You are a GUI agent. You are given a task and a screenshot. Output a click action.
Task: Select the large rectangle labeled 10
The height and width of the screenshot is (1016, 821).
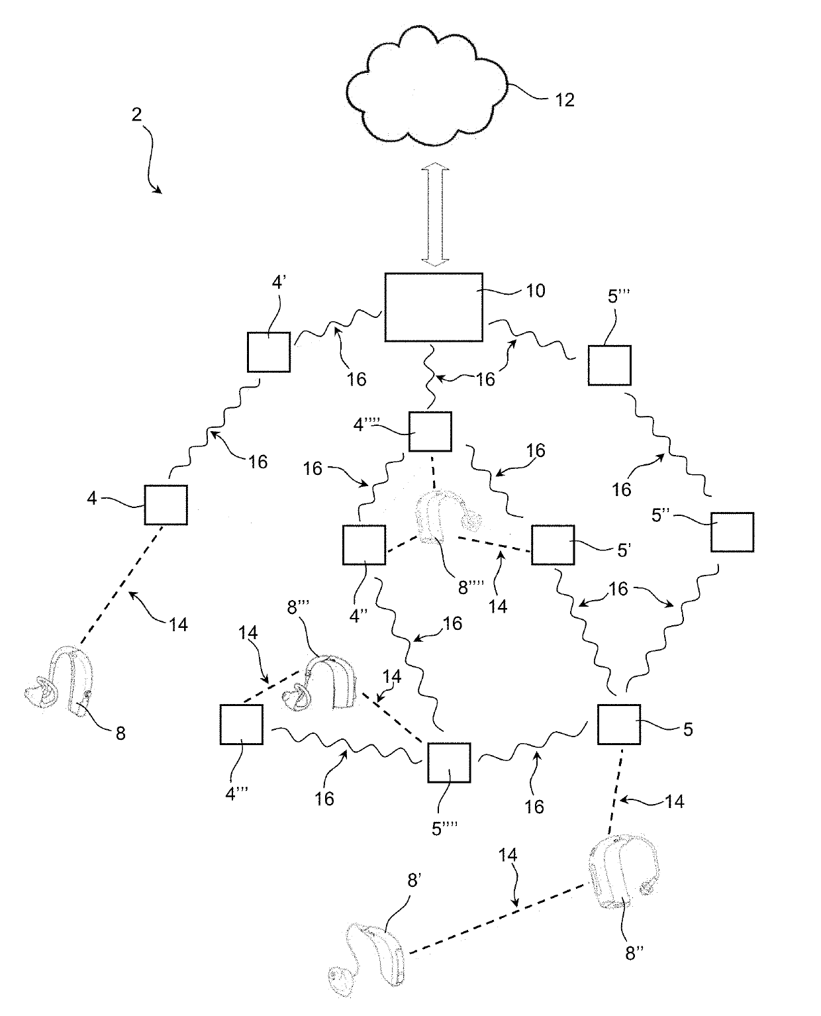(434, 307)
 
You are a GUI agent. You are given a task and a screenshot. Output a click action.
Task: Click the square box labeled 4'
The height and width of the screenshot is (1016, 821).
(269, 352)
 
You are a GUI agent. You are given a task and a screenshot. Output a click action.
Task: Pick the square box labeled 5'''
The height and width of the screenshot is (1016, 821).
(609, 365)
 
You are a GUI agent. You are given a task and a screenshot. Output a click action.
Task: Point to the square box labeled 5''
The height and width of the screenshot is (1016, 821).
(732, 531)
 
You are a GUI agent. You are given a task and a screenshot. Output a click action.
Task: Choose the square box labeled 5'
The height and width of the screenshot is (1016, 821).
(553, 544)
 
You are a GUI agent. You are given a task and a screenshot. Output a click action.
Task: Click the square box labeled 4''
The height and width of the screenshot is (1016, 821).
(364, 544)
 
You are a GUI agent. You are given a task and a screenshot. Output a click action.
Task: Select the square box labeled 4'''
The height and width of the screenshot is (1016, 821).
(241, 724)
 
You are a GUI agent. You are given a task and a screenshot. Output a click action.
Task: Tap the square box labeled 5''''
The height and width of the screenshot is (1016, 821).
(449, 762)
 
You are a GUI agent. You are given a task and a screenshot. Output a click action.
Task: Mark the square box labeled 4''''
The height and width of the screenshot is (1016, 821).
(430, 432)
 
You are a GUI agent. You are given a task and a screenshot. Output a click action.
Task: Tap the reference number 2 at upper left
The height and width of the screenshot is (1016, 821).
(136, 115)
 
